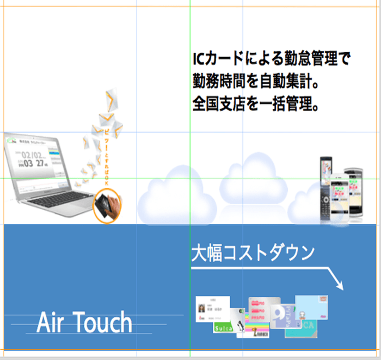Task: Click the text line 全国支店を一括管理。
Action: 255,104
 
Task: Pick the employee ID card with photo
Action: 212,308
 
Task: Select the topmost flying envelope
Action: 112,99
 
